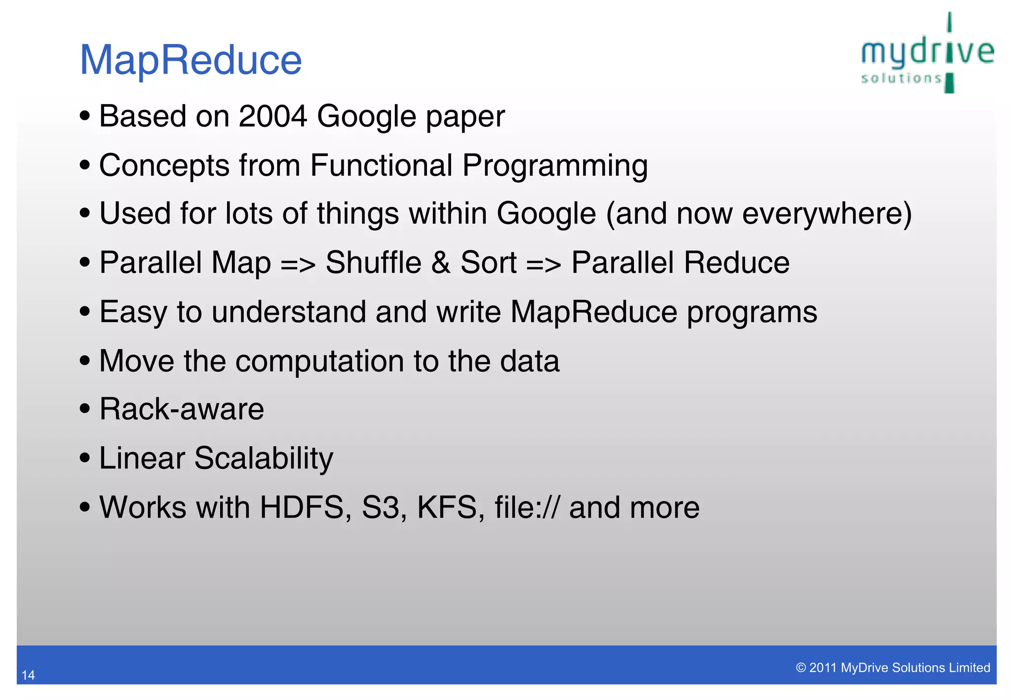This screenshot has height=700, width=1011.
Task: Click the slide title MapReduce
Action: tap(191, 60)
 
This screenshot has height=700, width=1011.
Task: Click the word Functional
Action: tap(381, 165)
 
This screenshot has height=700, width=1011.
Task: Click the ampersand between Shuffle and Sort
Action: tap(440, 263)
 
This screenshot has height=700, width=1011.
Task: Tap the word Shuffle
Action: tap(373, 263)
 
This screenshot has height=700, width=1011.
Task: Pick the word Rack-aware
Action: tap(182, 409)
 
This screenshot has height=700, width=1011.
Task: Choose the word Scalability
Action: tap(264, 459)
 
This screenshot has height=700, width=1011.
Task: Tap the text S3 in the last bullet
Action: tap(380, 507)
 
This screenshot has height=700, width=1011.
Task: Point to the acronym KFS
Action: tap(447, 507)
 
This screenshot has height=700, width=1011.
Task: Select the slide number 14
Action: tap(28, 675)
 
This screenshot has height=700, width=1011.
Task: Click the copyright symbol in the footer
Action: tap(801, 668)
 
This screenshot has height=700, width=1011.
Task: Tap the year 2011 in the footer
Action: tap(823, 668)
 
